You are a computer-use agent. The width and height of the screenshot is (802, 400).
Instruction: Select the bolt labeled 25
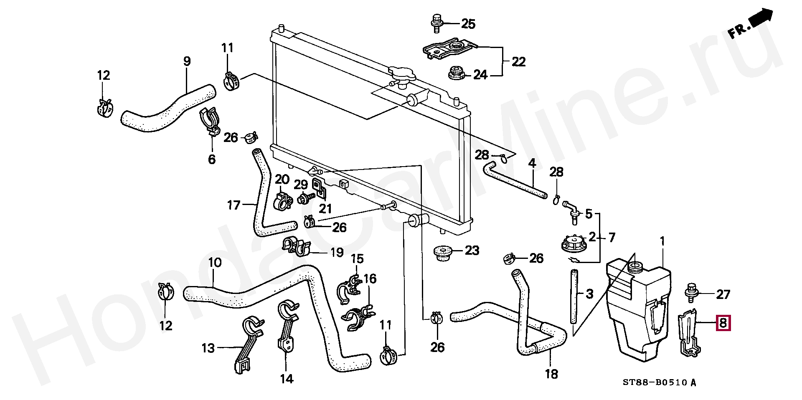coord(436,22)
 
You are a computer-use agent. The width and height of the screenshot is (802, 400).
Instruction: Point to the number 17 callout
coord(234,205)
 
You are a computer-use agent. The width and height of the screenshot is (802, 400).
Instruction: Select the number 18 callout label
coord(551,374)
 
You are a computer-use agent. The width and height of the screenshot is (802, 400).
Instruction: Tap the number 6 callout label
coord(212,159)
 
